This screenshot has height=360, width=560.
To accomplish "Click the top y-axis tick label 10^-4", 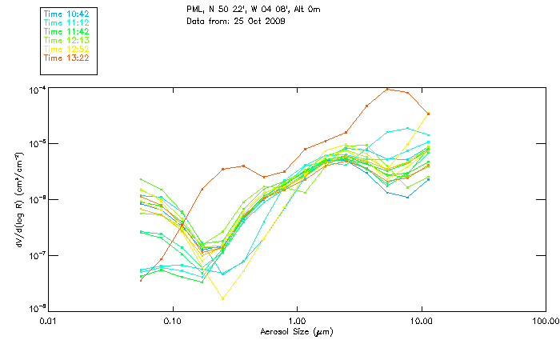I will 37,90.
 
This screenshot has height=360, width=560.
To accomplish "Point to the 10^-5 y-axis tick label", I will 37,145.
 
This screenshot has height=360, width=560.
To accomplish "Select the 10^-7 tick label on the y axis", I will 37,256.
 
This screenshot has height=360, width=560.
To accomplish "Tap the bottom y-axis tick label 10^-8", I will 37,309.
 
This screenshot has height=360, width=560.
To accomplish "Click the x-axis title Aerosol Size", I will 296,330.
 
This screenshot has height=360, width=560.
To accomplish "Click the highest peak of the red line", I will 388,89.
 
